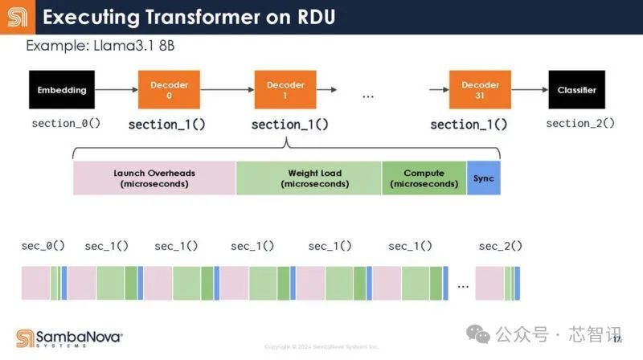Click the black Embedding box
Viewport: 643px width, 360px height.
[x=62, y=90]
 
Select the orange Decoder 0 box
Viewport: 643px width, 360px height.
[x=170, y=90]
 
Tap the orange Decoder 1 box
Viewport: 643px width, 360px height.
[x=285, y=90]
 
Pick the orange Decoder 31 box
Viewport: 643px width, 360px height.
[x=481, y=90]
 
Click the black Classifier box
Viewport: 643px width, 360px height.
[x=576, y=90]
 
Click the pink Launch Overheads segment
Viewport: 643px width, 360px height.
[x=154, y=178]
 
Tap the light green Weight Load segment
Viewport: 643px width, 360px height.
[x=309, y=178]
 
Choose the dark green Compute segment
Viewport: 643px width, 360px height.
[x=424, y=178]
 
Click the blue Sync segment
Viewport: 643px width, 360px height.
[x=483, y=178]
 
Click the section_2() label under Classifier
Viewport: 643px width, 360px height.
[x=580, y=123]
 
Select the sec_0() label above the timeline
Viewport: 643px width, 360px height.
[x=43, y=246]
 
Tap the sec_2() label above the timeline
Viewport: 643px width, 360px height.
[x=500, y=246]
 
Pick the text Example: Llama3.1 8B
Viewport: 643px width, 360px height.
[x=100, y=46]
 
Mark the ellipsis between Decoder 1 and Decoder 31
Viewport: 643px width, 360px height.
[x=368, y=96]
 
